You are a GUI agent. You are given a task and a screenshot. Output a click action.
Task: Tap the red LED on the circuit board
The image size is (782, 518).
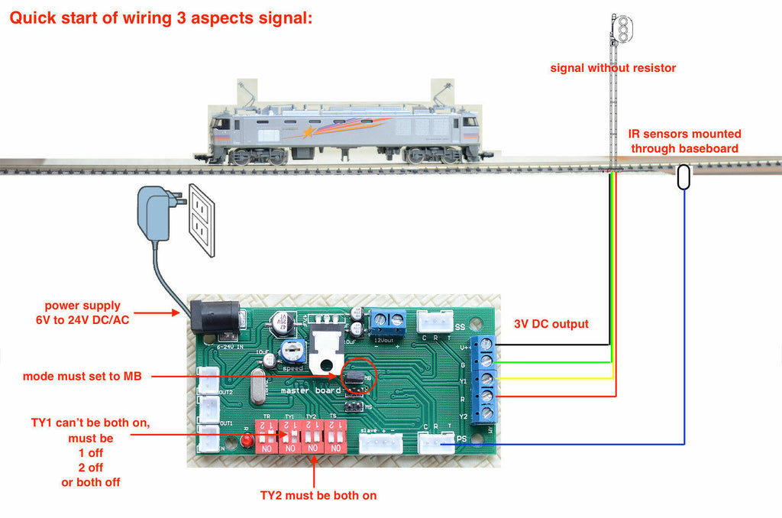(x=247, y=442)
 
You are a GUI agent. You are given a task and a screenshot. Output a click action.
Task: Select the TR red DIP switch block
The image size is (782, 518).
(x=267, y=438)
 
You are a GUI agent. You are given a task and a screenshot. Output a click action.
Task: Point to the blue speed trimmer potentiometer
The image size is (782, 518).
(x=290, y=351)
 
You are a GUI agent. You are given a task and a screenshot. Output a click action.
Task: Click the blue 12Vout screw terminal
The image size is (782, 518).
(x=388, y=322)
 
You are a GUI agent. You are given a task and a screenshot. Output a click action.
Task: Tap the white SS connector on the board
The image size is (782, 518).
(x=434, y=324)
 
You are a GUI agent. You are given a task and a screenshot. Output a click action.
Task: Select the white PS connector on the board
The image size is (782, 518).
(x=435, y=442)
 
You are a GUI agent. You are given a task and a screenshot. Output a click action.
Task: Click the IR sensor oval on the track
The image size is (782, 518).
(x=684, y=176)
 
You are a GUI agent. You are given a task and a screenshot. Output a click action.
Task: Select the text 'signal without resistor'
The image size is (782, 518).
(x=613, y=68)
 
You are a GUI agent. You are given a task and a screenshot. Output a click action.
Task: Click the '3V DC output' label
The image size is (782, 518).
(x=551, y=324)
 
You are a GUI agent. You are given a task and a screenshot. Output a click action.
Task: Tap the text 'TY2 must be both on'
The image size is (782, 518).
(x=318, y=495)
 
